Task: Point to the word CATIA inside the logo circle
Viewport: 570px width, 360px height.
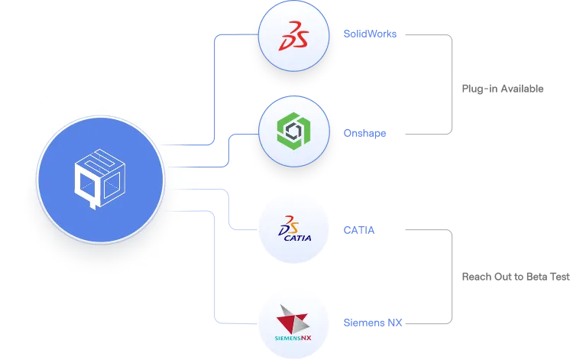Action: click(298, 237)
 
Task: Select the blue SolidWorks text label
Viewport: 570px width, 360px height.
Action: click(370, 34)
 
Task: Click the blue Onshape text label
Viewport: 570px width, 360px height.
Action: click(367, 134)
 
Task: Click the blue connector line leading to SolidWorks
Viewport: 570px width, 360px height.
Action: click(219, 84)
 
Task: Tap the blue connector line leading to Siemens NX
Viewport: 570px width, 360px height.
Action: click(219, 268)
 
